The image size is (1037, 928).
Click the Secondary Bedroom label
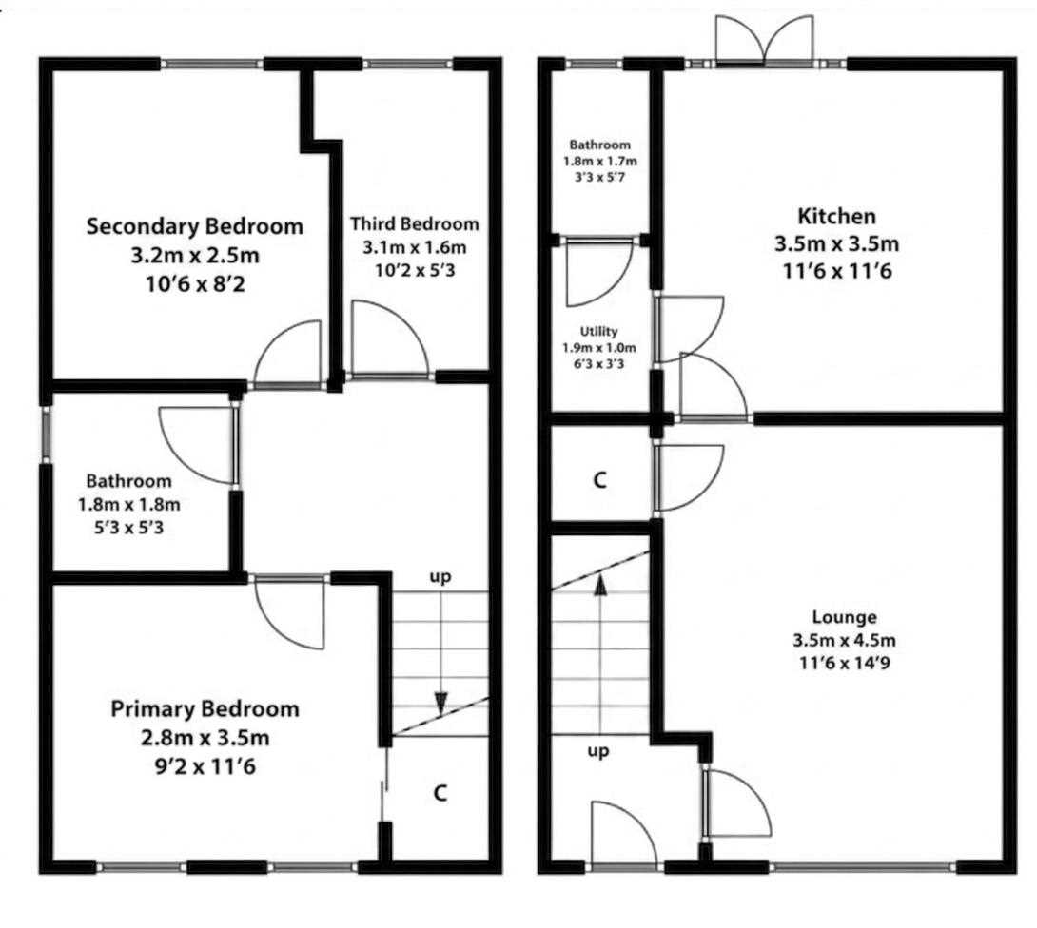tap(194, 226)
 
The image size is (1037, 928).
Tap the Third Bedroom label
tap(415, 224)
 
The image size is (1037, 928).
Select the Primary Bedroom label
tap(205, 709)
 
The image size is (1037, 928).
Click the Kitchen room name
tap(836, 216)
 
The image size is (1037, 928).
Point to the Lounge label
tap(845, 617)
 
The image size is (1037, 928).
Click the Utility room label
tap(599, 331)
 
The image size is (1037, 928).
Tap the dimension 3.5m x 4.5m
tap(845, 640)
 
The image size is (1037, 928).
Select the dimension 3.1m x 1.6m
tap(414, 248)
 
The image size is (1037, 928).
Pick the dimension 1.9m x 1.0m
tap(599, 348)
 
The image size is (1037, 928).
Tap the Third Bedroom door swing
tap(388, 339)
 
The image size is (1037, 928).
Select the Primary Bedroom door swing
tap(289, 612)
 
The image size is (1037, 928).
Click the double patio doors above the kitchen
tap(764, 40)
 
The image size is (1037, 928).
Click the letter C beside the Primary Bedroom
tap(440, 792)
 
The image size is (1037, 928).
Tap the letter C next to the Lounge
tap(600, 480)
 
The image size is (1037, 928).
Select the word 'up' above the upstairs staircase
tap(440, 577)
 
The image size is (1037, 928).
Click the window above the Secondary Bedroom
tap(211, 64)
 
